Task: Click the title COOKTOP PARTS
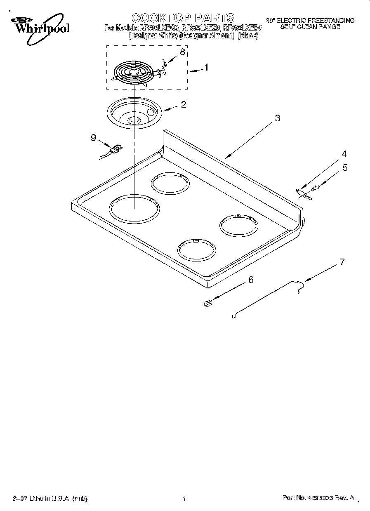tap(183, 18)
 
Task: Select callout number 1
tap(206, 67)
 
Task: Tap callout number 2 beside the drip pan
tap(183, 104)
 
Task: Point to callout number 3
tap(277, 118)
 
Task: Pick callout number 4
tap(344, 154)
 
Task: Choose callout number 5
tap(345, 167)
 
